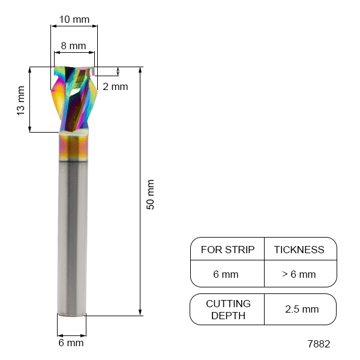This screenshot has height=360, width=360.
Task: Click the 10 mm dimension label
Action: pyautogui.click(x=75, y=20)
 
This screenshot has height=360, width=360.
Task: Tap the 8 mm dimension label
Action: pyautogui.click(x=74, y=46)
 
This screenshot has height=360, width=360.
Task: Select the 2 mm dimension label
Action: pyautogui.click(x=115, y=86)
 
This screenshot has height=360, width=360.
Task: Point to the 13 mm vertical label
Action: pyautogui.click(x=20, y=100)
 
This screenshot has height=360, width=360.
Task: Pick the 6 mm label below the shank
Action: pyautogui.click(x=71, y=343)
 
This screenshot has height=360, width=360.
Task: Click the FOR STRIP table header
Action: pyautogui.click(x=227, y=250)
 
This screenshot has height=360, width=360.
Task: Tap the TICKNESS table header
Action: pyautogui.click(x=299, y=250)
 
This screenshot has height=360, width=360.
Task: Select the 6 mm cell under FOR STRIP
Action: pyautogui.click(x=226, y=275)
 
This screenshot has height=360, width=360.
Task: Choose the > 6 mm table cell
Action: pyautogui.click(x=299, y=275)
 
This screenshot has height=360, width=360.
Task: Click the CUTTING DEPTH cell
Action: pyautogui.click(x=228, y=310)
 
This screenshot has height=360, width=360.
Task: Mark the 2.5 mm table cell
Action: pyautogui.click(x=302, y=310)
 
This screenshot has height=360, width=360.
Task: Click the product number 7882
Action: pyautogui.click(x=318, y=344)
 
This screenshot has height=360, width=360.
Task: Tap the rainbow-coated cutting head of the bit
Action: pyautogui.click(x=74, y=99)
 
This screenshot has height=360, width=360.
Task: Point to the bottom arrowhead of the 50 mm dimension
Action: pyautogui.click(x=140, y=311)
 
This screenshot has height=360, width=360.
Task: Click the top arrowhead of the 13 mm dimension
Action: pyautogui.click(x=29, y=71)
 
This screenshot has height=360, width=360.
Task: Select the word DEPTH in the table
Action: pyautogui.click(x=228, y=316)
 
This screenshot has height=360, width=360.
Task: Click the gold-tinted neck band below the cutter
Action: pyautogui.click(x=74, y=147)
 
